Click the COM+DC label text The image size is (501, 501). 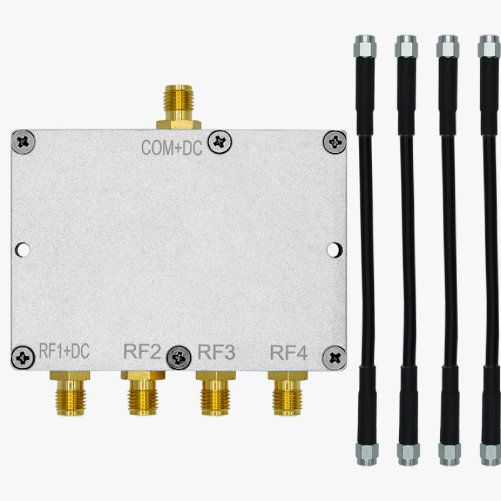(x=172, y=148)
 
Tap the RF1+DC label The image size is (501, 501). (x=64, y=352)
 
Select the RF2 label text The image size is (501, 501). (x=143, y=353)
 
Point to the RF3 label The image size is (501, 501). (x=216, y=353)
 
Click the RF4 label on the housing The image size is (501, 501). (x=289, y=353)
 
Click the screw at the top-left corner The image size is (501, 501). (x=24, y=142)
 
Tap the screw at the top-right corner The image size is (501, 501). (x=335, y=143)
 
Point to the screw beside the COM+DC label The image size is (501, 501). (x=219, y=142)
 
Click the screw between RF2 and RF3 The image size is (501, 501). (x=180, y=358)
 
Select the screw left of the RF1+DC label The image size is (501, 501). (x=24, y=358)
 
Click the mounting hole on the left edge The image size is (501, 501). (x=23, y=250)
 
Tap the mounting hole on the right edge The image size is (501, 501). (x=334, y=250)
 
